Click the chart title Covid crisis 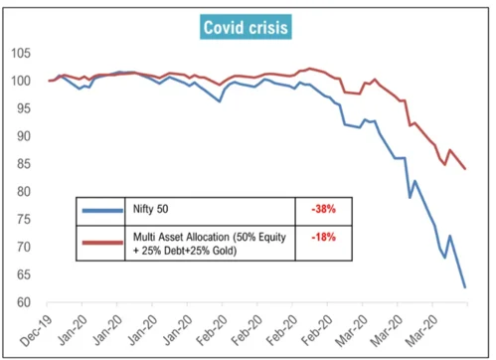[x=245, y=27]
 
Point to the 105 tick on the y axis [x=21, y=53]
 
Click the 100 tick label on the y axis [x=21, y=81]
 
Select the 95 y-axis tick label [x=24, y=108]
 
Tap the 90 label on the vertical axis [x=24, y=136]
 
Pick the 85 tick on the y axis [x=24, y=164]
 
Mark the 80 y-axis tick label [x=24, y=192]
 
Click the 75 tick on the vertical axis [x=24, y=220]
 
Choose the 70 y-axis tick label [x=24, y=247]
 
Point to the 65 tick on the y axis [x=24, y=274]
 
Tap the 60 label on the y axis [x=24, y=302]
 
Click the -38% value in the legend [x=324, y=210]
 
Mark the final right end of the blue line [x=465, y=287]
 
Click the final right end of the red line [x=466, y=168]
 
